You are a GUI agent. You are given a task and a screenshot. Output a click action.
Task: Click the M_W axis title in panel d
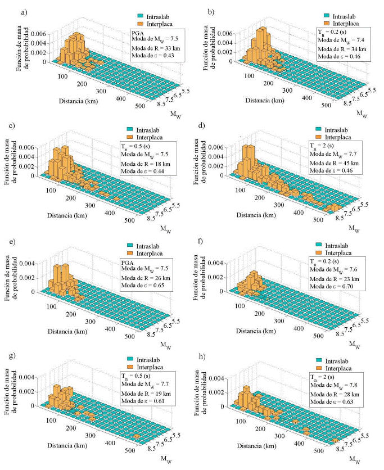pyautogui.click(x=352, y=228)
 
